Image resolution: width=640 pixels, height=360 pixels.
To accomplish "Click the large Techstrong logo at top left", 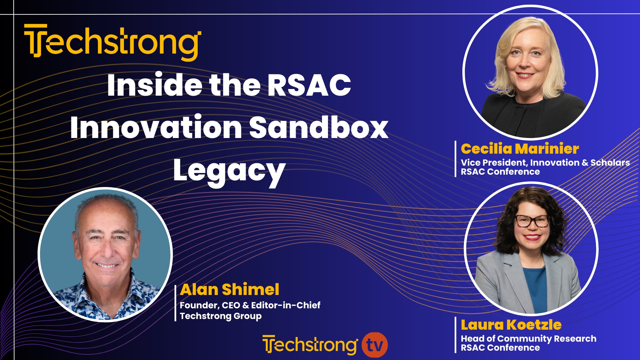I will coord(113,42).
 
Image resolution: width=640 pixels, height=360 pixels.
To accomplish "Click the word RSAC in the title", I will coord(309,85).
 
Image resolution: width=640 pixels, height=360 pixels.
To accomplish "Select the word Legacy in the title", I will coord(229,171).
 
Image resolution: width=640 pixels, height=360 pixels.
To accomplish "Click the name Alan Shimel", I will coord(229,289).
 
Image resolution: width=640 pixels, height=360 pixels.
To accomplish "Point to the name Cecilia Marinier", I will coord(519,149).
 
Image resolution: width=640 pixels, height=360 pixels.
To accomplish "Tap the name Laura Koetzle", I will coord(511,325).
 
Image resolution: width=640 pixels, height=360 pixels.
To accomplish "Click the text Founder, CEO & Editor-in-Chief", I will coord(250,305).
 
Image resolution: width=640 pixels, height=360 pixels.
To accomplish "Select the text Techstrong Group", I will coord(221,316).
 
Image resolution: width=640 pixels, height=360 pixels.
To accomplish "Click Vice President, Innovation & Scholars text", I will coord(545,163).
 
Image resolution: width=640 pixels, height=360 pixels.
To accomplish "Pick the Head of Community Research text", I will coord(528,339).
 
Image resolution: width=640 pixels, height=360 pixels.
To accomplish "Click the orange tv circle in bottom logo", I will coord(375,345).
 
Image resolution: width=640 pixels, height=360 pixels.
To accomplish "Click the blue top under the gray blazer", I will coord(535,287).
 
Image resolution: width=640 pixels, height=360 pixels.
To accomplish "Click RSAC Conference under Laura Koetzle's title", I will coord(500,348).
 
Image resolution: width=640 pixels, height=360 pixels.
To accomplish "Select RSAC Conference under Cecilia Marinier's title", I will coord(500,172).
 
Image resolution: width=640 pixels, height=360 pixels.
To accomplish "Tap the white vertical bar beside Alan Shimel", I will coord(175,303).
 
